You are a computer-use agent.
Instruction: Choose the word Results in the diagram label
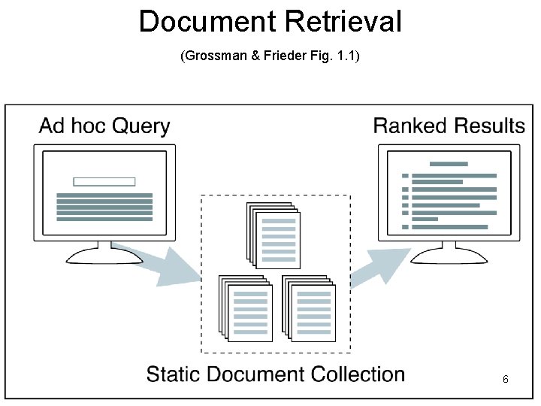[x=489, y=126]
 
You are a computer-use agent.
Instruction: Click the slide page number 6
[x=506, y=380]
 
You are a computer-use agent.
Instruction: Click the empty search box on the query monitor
[x=104, y=181]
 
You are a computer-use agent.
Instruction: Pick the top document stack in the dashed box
[x=274, y=235]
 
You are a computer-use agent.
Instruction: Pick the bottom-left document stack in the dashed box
[x=245, y=308]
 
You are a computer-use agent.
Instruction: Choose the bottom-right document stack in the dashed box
[x=308, y=308]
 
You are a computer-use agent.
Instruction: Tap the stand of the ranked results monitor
[x=449, y=254]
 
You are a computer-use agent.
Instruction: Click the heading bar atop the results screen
[x=449, y=164]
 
